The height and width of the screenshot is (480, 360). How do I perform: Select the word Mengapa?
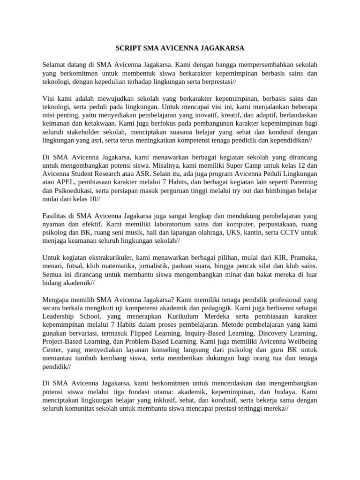57,300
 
